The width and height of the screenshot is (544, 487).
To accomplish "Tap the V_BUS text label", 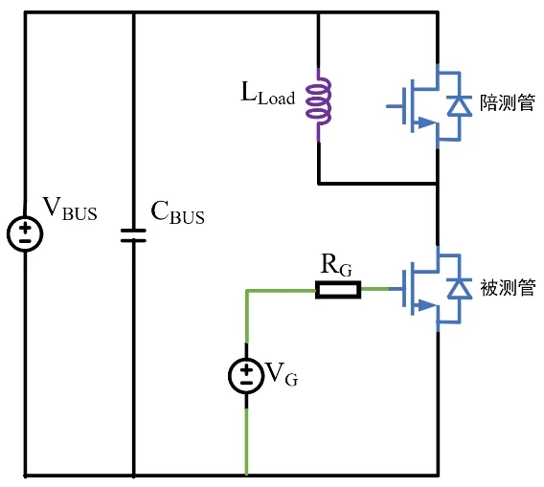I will (70, 210).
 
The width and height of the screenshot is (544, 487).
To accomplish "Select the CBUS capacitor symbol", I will (133, 234).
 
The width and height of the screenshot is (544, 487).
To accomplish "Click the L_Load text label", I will (268, 96).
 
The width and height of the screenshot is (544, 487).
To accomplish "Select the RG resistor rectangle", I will (338, 289).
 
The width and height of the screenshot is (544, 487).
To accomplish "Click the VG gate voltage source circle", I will (247, 375).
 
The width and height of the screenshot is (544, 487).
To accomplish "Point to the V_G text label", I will (281, 375).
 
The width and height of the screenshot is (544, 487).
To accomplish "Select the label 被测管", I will (506, 288).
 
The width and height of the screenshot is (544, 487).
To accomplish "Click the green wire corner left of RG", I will (247, 289).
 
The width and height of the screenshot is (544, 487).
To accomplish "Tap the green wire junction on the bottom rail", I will (247, 474).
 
